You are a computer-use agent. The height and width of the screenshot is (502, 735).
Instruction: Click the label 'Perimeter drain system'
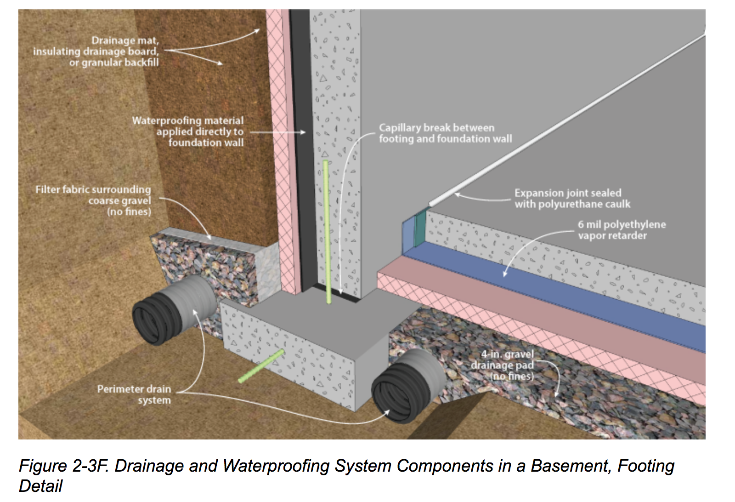(x=134, y=394)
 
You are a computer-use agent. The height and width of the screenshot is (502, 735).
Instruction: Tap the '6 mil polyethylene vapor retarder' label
(x=622, y=230)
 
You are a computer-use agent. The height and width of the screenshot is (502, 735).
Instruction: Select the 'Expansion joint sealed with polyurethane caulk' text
(x=572, y=199)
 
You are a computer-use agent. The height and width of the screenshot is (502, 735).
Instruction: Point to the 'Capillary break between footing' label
(x=445, y=133)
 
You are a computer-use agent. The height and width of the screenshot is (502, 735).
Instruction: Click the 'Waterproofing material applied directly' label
(x=188, y=131)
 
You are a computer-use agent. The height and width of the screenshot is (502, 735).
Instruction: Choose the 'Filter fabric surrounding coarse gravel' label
(x=94, y=200)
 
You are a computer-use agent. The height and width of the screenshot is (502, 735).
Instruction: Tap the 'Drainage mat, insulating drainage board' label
(x=96, y=51)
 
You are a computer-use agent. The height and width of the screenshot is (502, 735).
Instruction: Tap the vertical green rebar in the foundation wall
(x=327, y=230)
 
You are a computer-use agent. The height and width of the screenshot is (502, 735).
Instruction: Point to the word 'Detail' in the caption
(x=40, y=486)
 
